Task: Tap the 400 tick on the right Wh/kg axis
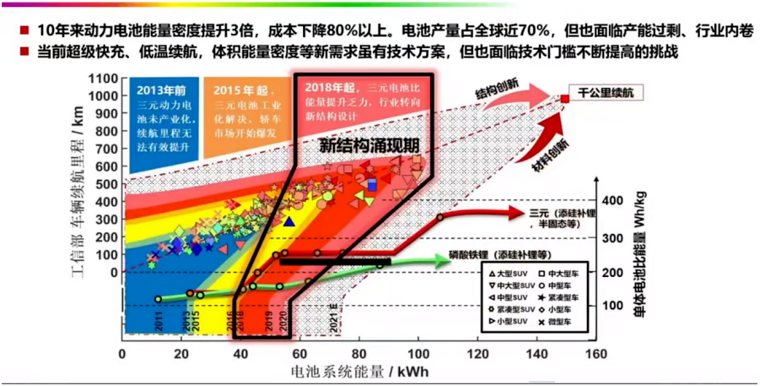tap(611, 200)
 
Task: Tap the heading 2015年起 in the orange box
tap(239, 90)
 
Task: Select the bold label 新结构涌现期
tap(369, 145)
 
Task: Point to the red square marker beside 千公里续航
tap(564, 100)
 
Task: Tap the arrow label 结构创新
tap(501, 90)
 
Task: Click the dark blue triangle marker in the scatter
tap(288, 221)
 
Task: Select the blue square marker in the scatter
tap(372, 184)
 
